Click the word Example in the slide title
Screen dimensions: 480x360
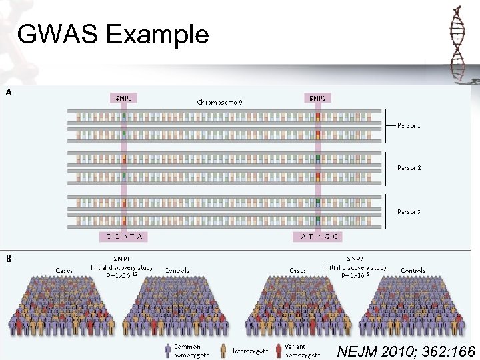pyautogui.click(x=157, y=34)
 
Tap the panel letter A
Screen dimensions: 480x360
pyautogui.click(x=9, y=93)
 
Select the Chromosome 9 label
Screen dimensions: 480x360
pyautogui.click(x=219, y=103)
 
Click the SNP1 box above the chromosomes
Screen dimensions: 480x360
pyautogui.click(x=123, y=97)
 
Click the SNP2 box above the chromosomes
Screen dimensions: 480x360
pyautogui.click(x=317, y=97)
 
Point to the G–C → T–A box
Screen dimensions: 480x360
pyautogui.click(x=123, y=237)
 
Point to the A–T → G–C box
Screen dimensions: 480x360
pyautogui.click(x=317, y=237)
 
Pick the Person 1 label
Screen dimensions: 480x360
pyautogui.click(x=409, y=125)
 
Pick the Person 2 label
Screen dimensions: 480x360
pyautogui.click(x=409, y=168)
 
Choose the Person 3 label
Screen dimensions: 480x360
pyautogui.click(x=409, y=212)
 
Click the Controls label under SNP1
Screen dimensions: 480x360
pyautogui.click(x=176, y=271)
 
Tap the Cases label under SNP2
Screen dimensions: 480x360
pyautogui.click(x=298, y=271)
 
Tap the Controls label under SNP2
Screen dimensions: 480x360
pyautogui.click(x=413, y=271)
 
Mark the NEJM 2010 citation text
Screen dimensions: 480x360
pyautogui.click(x=406, y=351)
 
